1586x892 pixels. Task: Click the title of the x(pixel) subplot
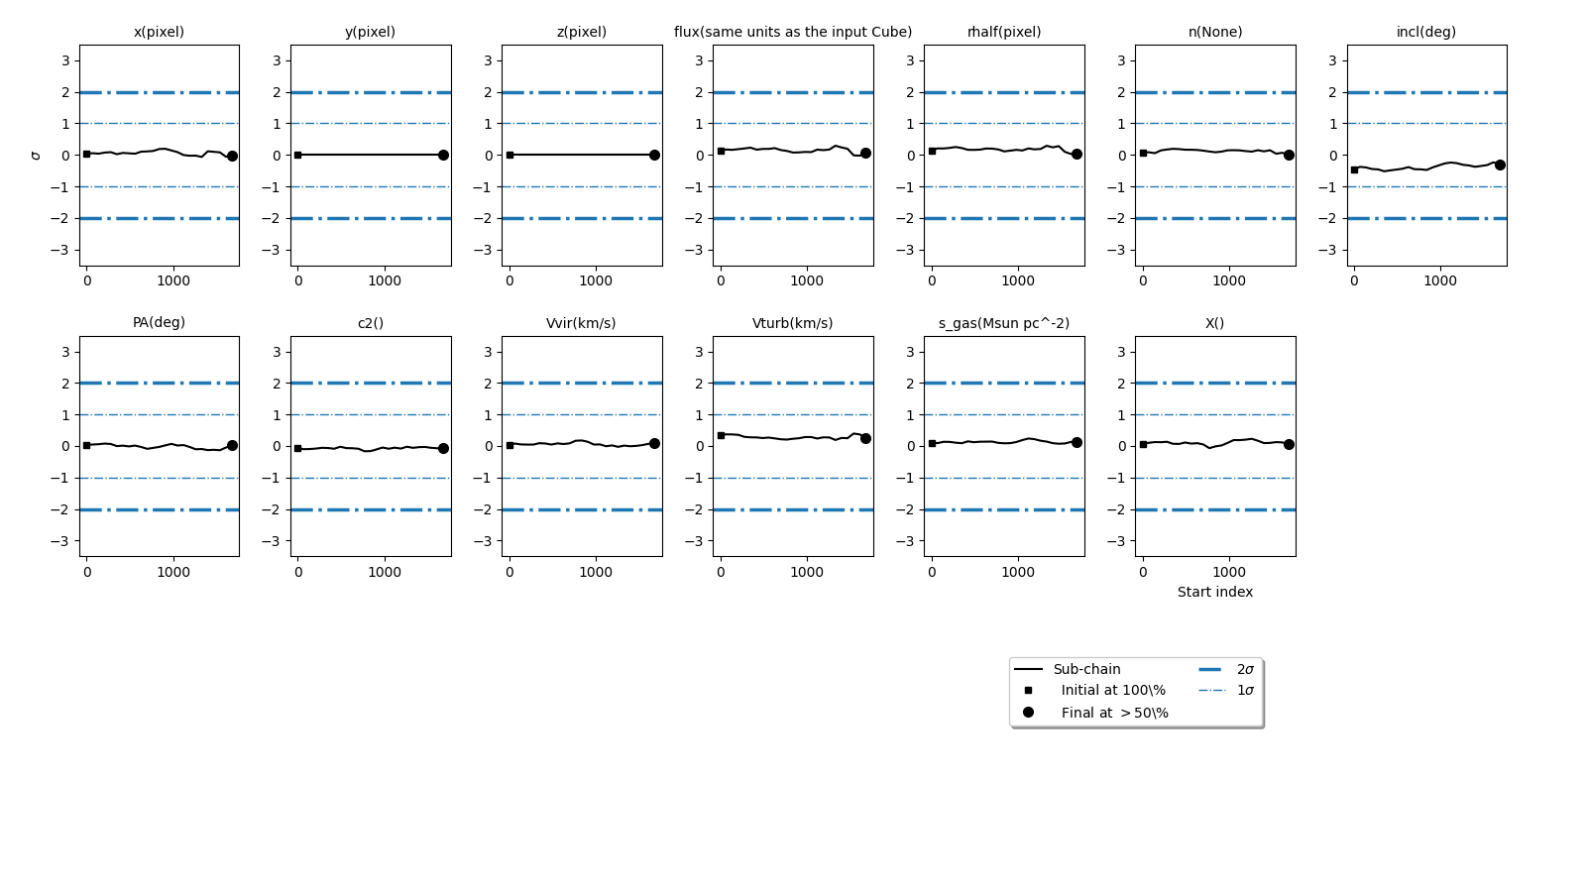pyautogui.click(x=159, y=32)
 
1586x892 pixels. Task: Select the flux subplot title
pyautogui.click(x=793, y=32)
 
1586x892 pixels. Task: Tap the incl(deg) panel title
pyautogui.click(x=1425, y=32)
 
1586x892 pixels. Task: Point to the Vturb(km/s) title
pyautogui.click(x=792, y=323)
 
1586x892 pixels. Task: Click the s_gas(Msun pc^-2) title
pyautogui.click(x=1004, y=323)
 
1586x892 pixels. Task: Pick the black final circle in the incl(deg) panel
pyautogui.click(x=1500, y=165)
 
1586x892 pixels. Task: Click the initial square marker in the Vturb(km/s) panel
pyautogui.click(x=721, y=435)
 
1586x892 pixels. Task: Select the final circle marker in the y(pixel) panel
pyautogui.click(x=443, y=155)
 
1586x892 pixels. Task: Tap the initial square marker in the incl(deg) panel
pyautogui.click(x=1354, y=169)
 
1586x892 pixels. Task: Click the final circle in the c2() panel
pyautogui.click(x=443, y=448)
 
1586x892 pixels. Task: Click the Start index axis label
pyautogui.click(x=1214, y=592)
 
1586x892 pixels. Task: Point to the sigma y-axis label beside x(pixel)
pyautogui.click(x=37, y=156)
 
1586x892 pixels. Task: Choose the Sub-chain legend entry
pyautogui.click(x=1086, y=669)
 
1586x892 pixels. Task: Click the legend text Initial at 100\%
pyautogui.click(x=1112, y=690)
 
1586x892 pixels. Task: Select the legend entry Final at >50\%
pyautogui.click(x=1114, y=713)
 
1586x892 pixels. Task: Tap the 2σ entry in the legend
pyautogui.click(x=1245, y=669)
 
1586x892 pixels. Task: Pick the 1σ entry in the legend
pyautogui.click(x=1245, y=690)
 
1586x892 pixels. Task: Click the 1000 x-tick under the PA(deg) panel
pyautogui.click(x=173, y=572)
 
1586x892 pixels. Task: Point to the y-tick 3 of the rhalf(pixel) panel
pyautogui.click(x=910, y=60)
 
